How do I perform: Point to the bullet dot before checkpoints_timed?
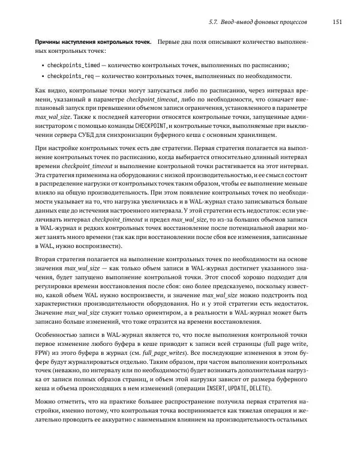coord(42,65)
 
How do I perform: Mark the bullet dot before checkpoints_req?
coord(42,76)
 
